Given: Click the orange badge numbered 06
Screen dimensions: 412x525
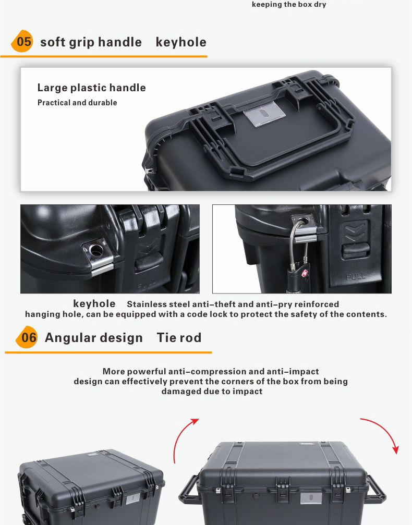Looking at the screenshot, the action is [27, 337].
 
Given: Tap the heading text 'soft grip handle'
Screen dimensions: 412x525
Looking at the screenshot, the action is [91, 43].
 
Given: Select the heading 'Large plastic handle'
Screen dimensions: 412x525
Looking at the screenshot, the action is [91, 88].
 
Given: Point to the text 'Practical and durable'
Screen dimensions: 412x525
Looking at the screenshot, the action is [77, 103].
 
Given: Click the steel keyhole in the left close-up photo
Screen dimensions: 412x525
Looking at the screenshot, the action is [96, 250].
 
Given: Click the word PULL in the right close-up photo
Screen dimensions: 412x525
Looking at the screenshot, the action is [356, 277].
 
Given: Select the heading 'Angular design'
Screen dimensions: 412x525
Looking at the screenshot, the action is [94, 337].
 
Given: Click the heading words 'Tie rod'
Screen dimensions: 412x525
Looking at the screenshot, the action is [179, 337].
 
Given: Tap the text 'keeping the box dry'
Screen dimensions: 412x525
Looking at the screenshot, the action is [289, 5].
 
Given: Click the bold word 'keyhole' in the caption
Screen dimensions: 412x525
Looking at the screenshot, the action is [94, 303].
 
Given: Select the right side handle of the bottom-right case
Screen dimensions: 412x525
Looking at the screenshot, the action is [375, 490].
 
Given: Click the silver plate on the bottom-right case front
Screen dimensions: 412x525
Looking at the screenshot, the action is [311, 498].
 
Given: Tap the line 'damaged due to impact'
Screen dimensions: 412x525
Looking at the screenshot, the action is [212, 392].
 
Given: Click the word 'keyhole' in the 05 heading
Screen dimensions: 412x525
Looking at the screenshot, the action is [181, 43].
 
